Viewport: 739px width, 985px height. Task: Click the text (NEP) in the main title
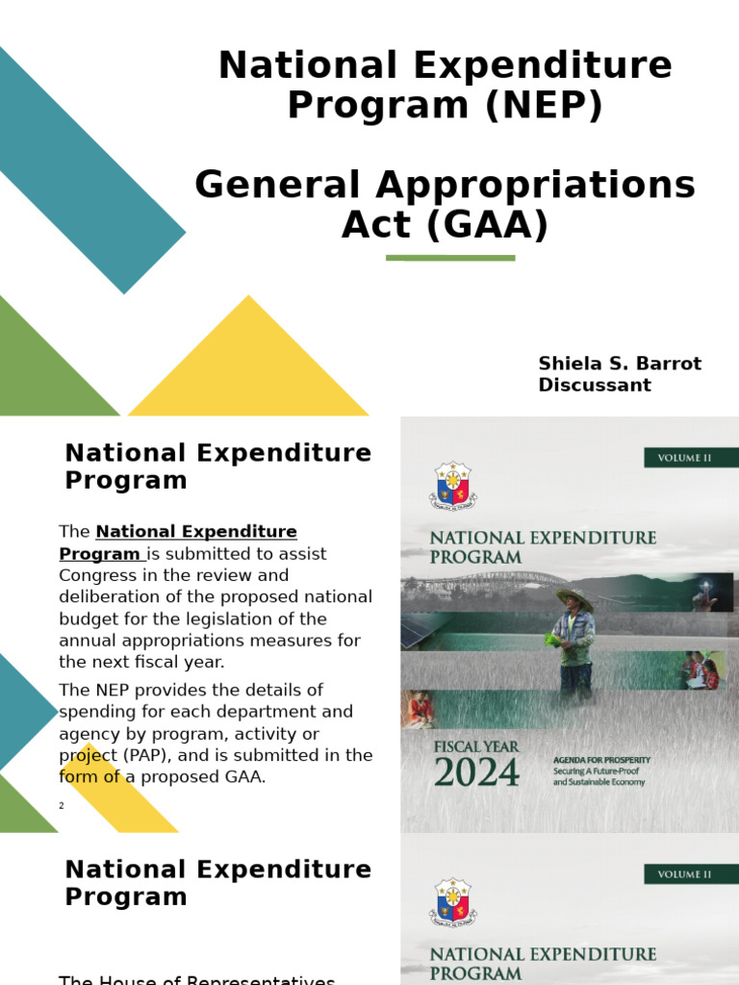(544, 104)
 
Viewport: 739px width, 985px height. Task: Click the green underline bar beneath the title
(450, 258)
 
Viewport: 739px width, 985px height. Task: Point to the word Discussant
(595, 385)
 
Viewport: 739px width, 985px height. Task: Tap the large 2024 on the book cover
(476, 772)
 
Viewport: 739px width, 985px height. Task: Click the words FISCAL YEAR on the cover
(476, 745)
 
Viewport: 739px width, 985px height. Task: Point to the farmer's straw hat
(574, 598)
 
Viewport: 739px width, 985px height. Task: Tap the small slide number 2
(62, 805)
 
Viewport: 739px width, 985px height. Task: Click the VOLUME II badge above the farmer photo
(684, 458)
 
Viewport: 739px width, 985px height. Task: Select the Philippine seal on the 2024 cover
(452, 485)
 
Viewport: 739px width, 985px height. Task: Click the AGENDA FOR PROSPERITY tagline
(601, 760)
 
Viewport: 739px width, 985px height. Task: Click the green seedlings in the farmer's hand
(553, 639)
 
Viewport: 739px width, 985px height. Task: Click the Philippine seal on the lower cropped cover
(452, 901)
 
